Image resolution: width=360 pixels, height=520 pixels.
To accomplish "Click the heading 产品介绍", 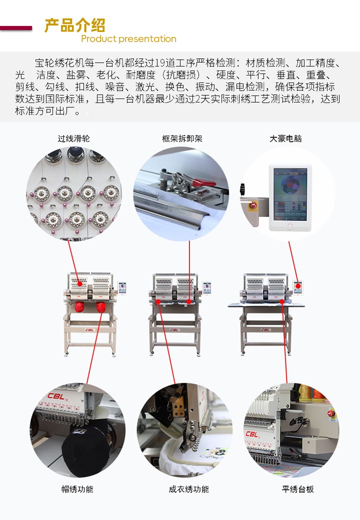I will click(x=75, y=25).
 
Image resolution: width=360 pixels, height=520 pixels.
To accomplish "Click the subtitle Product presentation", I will click(x=128, y=39).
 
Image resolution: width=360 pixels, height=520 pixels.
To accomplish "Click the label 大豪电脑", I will click(x=286, y=138).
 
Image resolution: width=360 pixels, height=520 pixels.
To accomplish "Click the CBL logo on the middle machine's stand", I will click(x=174, y=329).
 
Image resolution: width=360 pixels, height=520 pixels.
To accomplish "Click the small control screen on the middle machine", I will click(x=207, y=287).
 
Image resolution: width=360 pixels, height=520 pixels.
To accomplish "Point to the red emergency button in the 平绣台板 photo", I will click(x=330, y=413).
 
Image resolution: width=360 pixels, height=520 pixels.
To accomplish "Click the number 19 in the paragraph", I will click(x=160, y=63).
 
